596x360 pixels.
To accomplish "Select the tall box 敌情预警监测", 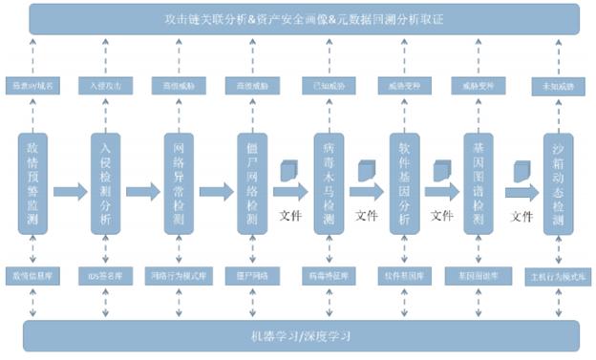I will pyautogui.click(x=32, y=183).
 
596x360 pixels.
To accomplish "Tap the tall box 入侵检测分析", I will pyautogui.click(x=106, y=183).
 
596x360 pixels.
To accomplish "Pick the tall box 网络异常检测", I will pyautogui.click(x=179, y=183).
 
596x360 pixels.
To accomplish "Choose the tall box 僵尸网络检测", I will pyautogui.click(x=253, y=183).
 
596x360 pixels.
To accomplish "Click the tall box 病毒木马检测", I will pyautogui.click(x=328, y=183).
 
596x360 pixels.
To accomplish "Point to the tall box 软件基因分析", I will pyautogui.click(x=404, y=183).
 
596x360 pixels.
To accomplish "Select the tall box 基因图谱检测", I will pyautogui.click(x=478, y=183).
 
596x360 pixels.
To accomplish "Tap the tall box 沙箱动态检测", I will pyautogui.click(x=559, y=183).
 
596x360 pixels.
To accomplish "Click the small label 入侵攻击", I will pyautogui.click(x=106, y=86).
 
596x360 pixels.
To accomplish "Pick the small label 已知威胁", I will pyautogui.click(x=328, y=86).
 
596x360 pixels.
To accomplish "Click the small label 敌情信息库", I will pyautogui.click(x=32, y=275).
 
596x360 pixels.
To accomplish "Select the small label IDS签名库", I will pyautogui.click(x=106, y=275).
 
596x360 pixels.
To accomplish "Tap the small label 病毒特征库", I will pyautogui.click(x=328, y=275).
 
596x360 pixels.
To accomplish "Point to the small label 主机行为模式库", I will pyautogui.click(x=558, y=278).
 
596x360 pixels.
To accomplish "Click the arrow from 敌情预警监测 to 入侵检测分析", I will pyautogui.click(x=69, y=192).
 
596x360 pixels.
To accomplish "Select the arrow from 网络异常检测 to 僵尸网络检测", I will pyautogui.click(x=216, y=192).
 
